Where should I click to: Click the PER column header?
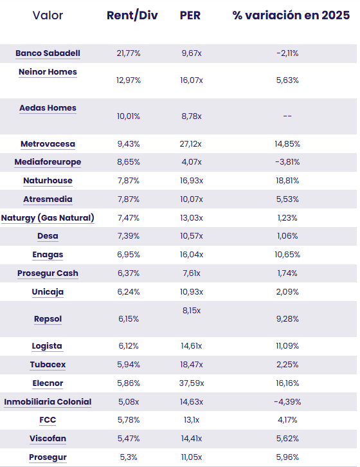190,15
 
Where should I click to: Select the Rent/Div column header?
132,16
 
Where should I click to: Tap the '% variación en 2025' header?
291,15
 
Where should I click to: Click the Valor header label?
48,15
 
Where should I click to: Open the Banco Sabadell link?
48,53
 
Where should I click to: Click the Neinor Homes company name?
48,72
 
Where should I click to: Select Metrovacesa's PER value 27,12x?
190,144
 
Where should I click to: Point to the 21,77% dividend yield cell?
129,53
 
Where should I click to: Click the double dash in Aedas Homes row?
287,116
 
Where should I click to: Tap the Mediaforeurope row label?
48,162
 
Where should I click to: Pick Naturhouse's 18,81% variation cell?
287,181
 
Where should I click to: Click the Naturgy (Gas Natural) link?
48,218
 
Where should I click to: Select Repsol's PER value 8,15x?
192,311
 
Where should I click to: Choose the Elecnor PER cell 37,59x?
192,383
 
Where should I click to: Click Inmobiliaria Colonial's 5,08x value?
129,402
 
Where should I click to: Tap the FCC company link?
48,420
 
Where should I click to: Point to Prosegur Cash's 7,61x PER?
192,273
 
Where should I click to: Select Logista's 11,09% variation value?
287,346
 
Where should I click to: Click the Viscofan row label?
48,439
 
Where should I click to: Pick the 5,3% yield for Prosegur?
129,457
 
